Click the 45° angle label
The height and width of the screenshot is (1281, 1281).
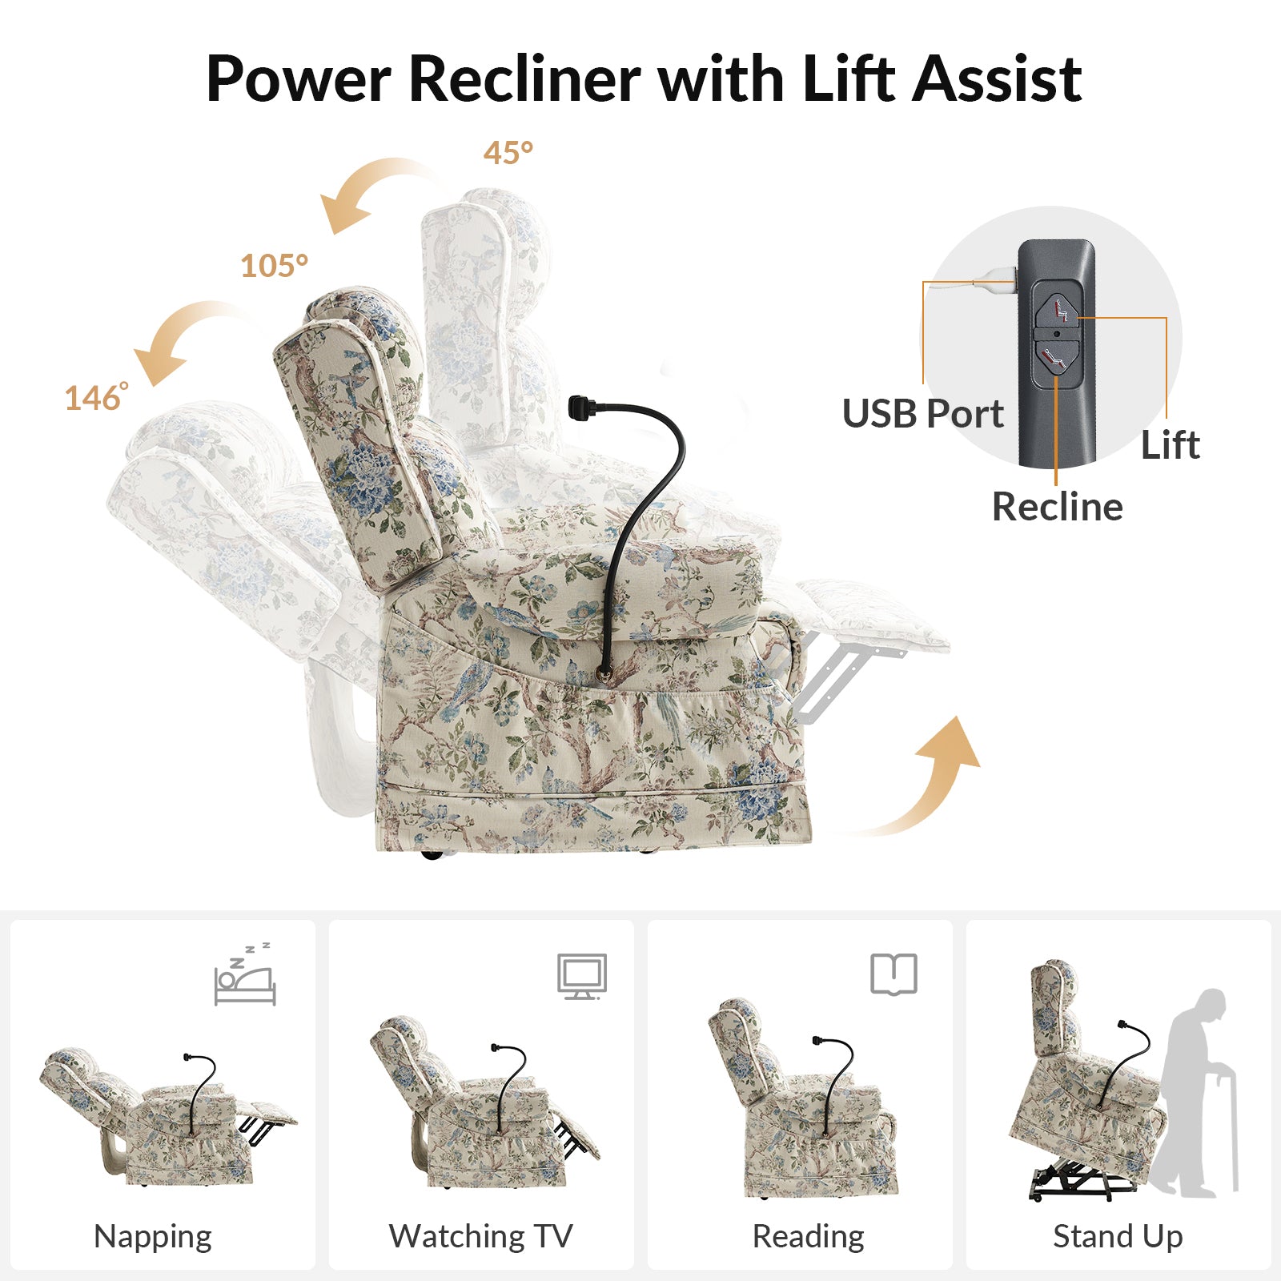point(508,153)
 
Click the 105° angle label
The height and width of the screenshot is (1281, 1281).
point(274,266)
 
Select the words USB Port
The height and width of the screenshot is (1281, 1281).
point(922,414)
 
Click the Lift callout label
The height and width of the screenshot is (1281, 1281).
point(1170,445)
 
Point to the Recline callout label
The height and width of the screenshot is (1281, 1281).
point(1057,507)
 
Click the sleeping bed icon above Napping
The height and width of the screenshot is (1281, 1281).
point(245,975)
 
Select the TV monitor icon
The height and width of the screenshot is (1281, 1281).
point(582,976)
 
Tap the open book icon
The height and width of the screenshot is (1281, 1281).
point(893,974)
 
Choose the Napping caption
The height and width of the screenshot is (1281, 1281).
point(153,1236)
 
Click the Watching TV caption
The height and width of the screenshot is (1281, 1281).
point(481,1236)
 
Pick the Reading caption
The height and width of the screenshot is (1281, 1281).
point(809,1236)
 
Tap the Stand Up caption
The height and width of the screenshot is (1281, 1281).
point(1118,1236)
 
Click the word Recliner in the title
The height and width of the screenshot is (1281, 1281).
point(524,79)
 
